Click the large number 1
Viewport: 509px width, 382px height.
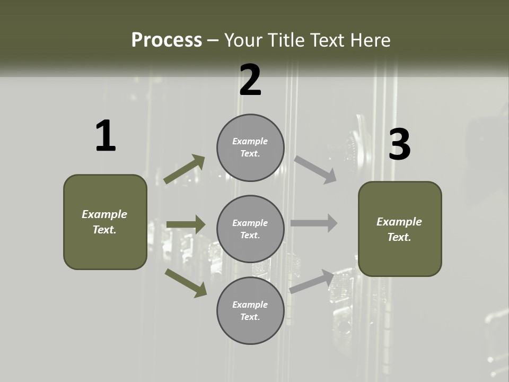tap(106, 136)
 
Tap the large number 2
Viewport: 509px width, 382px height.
tap(250, 80)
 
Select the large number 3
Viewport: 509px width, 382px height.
tap(400, 144)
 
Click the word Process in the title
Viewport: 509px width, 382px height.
tap(166, 40)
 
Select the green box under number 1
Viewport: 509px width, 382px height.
tap(105, 222)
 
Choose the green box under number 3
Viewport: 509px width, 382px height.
tap(400, 229)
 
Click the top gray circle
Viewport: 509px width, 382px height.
tap(250, 147)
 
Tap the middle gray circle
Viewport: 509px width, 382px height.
tap(250, 229)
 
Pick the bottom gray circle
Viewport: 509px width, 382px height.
tap(250, 310)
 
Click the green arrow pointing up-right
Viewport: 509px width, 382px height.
tap(185, 169)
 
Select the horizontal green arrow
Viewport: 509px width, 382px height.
tap(186, 224)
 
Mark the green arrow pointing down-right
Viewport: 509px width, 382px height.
tap(186, 283)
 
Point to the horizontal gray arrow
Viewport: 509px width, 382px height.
tap(314, 223)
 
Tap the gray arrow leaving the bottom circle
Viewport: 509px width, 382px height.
tap(312, 281)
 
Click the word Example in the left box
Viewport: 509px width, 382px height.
tap(104, 214)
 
